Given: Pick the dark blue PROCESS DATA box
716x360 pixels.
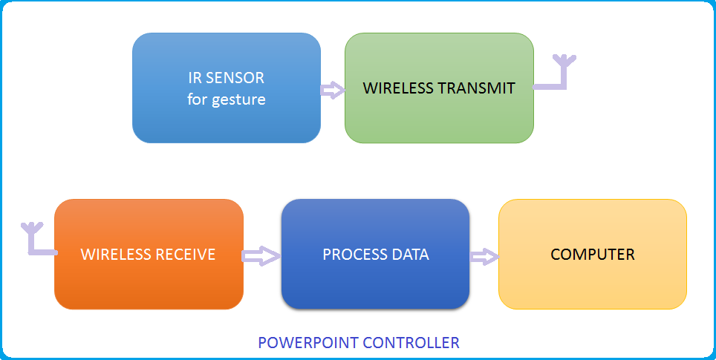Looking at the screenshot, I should pos(375,282).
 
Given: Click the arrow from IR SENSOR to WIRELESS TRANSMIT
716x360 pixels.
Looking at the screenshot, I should pos(333,91).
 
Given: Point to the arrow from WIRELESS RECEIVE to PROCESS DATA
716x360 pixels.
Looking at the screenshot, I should pos(261,256).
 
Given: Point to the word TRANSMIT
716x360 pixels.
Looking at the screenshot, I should pos(478,88).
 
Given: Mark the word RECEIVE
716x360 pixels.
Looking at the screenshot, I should pos(185,255).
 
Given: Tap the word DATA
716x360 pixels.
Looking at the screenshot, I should pos(411,255).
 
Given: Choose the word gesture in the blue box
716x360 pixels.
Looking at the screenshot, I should pos(238,99).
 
